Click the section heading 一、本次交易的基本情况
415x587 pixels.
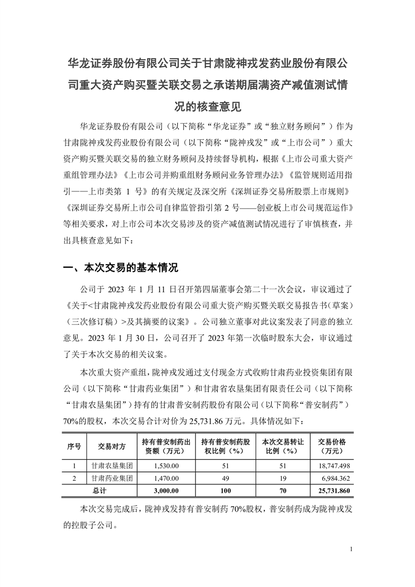(x=120, y=268)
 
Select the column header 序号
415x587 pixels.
(x=74, y=446)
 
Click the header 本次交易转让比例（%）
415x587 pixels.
(x=283, y=446)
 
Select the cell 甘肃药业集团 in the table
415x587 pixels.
(x=111, y=478)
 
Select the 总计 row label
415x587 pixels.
(x=99, y=491)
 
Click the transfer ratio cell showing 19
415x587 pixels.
(x=283, y=478)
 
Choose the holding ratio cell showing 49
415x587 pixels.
(x=224, y=478)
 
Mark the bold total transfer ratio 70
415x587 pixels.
(x=283, y=491)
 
